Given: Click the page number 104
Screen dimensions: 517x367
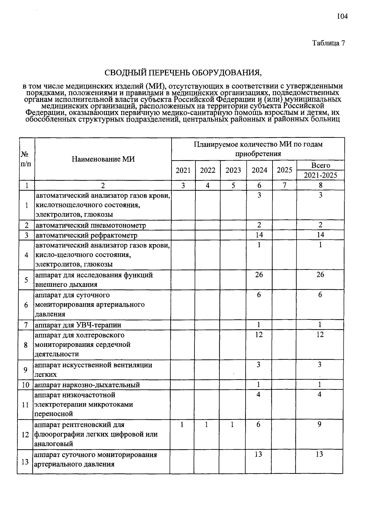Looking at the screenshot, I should coord(342,17).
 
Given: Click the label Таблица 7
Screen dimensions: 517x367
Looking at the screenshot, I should coord(328,43).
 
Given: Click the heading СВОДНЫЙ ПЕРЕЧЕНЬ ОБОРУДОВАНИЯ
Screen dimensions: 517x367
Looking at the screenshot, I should coord(183,73).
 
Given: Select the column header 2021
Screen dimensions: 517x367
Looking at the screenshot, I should coord(183,170).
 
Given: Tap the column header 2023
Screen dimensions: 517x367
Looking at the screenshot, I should coord(233,170).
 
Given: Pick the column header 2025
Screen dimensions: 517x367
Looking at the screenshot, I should coord(284,170).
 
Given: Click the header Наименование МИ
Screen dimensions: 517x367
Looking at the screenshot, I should coord(103,159).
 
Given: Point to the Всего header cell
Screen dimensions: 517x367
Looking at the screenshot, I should coord(321,166).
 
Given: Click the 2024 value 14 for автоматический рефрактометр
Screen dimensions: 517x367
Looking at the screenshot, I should coord(259,235).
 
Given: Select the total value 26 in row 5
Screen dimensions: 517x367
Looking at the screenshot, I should coord(320,274).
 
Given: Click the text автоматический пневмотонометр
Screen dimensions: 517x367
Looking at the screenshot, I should coord(91,225).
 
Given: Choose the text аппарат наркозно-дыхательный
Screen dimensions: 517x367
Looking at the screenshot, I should coord(87,385).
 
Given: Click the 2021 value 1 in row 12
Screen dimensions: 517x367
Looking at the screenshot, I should coord(182,425).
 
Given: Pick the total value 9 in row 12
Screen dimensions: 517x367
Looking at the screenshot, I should coord(319,425).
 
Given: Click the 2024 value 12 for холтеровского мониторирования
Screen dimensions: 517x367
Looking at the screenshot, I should coord(259,334).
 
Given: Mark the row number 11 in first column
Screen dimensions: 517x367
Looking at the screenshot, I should coord(25,404).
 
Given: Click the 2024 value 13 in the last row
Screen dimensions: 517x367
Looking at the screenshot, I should coord(258,454).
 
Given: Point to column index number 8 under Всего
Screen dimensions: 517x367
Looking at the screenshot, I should coord(321,185).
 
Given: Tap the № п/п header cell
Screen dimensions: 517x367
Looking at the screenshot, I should coord(26,159).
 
